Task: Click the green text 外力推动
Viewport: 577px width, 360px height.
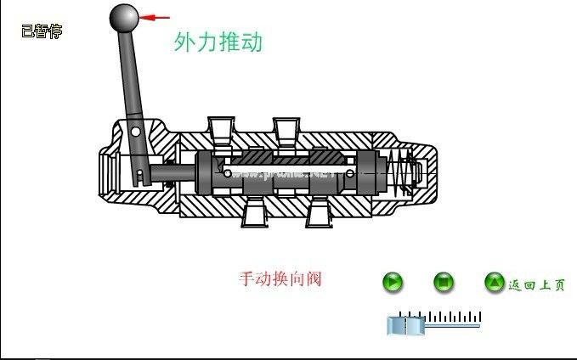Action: pyautogui.click(x=218, y=42)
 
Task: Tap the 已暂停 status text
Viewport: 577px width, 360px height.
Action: pyautogui.click(x=42, y=31)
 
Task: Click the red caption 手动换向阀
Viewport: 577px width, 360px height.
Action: pyautogui.click(x=280, y=278)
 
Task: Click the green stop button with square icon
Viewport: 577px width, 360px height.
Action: pyautogui.click(x=444, y=282)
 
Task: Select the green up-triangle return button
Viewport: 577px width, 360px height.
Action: pyautogui.click(x=495, y=282)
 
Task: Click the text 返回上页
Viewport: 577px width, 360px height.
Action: pyautogui.click(x=536, y=285)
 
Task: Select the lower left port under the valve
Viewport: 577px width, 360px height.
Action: pyautogui.click(x=254, y=213)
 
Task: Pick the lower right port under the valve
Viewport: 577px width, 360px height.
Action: pyautogui.click(x=320, y=213)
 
